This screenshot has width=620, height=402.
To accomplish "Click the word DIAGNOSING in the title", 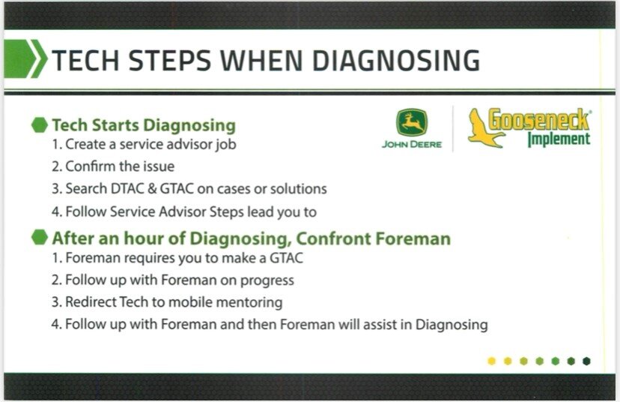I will (x=396, y=61).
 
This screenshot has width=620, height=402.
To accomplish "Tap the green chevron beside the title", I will (x=25, y=59).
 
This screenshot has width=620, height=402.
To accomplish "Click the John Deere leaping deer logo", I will (x=411, y=122).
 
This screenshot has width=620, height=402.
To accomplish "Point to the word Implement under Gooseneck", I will (x=559, y=139).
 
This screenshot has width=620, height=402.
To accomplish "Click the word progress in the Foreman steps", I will (x=259, y=280).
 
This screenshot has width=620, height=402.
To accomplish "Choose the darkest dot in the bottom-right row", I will (x=586, y=361).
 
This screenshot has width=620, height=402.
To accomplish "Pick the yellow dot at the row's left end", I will (x=491, y=361).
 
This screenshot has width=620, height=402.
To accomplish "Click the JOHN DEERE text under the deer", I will (x=411, y=145).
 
